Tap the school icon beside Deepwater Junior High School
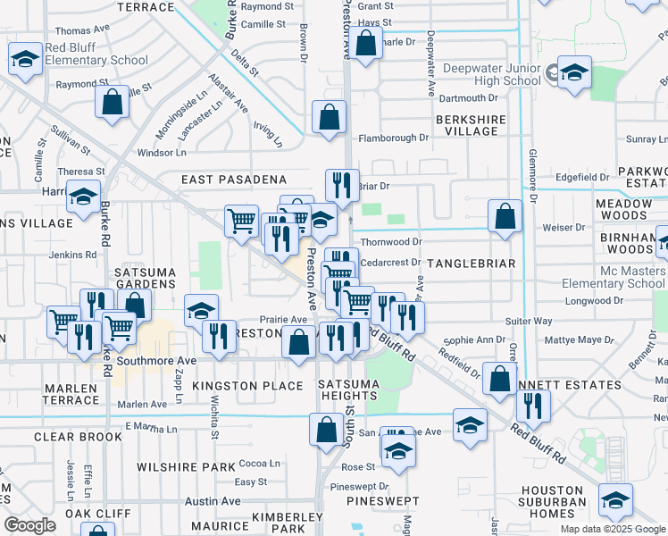(574, 74)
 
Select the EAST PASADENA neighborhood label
(233, 180)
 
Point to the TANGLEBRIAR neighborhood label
(472, 264)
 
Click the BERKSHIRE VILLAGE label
(471, 125)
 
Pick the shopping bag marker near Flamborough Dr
(330, 117)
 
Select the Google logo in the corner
(29, 524)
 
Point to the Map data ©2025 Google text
(613, 529)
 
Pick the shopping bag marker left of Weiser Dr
(505, 216)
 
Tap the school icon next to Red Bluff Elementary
(25, 60)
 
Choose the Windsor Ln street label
(161, 153)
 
